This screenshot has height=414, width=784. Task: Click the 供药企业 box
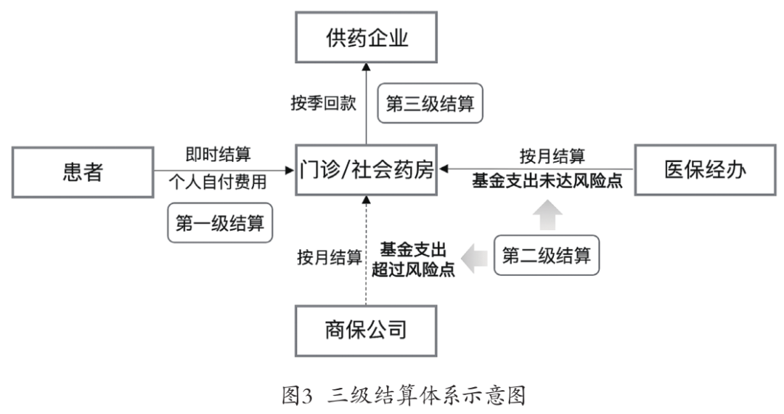click(x=366, y=37)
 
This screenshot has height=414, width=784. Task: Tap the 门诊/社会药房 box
click(x=367, y=171)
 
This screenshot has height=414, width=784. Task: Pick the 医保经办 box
click(x=705, y=170)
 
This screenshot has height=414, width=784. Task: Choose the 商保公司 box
click(x=366, y=330)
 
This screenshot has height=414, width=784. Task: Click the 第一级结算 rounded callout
click(x=219, y=223)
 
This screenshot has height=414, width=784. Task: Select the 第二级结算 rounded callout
click(x=547, y=255)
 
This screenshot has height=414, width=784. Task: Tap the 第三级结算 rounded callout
click(x=430, y=103)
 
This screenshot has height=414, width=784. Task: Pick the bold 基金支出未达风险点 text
click(x=547, y=182)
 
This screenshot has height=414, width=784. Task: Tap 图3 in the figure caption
click(x=296, y=395)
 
